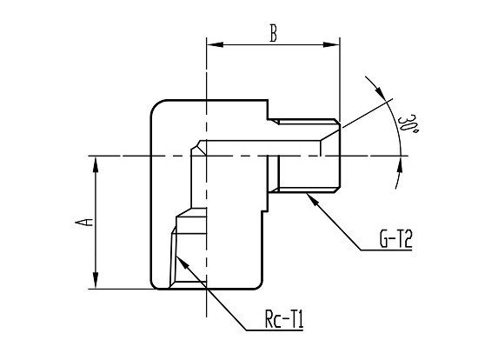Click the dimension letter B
click(x=274, y=33)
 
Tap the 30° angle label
click(x=407, y=124)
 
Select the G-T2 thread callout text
click(x=395, y=239)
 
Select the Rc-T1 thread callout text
click(x=284, y=319)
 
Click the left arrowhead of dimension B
click(x=216, y=45)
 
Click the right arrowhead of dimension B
click(x=331, y=45)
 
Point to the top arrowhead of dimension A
click(x=96, y=164)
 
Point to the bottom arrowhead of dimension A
click(x=96, y=280)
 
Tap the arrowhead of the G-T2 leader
click(x=313, y=199)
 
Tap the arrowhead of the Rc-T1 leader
click(x=183, y=262)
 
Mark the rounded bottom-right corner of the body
click(x=258, y=285)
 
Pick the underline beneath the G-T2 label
click(x=387, y=250)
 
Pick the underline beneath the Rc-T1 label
click(x=275, y=330)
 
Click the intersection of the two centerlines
click(x=207, y=156)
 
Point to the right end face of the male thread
click(x=340, y=156)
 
